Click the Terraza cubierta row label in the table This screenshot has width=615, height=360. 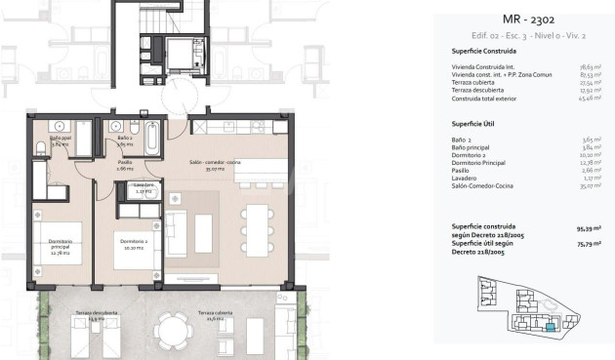(x=473, y=83)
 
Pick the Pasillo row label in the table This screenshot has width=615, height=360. (x=462, y=171)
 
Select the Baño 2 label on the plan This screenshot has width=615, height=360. (x=124, y=140)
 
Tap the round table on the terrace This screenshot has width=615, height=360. (x=173, y=328)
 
